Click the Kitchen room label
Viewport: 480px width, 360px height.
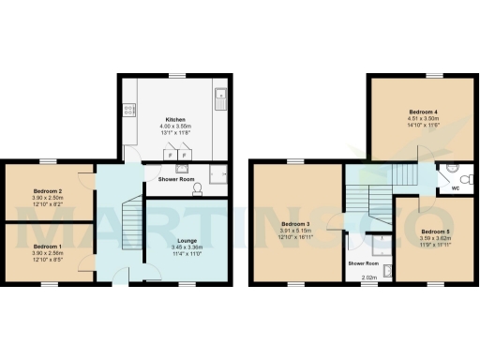point(175,120)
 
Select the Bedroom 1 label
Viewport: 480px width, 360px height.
point(47,246)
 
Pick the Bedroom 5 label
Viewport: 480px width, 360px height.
point(434,231)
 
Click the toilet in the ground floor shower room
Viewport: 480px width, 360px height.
point(196,188)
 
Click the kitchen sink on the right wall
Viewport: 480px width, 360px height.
point(219,95)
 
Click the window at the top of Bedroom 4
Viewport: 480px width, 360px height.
point(432,75)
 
